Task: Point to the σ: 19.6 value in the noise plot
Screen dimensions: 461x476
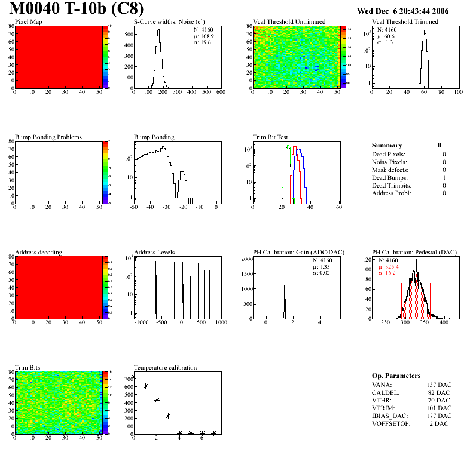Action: coord(202,42)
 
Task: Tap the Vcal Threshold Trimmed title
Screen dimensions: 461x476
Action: coord(405,22)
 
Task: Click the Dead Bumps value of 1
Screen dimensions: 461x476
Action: coord(444,177)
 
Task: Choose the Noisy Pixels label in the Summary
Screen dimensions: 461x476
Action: coord(389,162)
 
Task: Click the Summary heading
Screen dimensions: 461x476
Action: coord(387,145)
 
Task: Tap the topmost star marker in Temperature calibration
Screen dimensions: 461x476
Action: coord(135,377)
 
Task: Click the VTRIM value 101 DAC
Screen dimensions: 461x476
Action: coord(439,408)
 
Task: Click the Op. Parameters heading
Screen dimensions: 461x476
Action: coord(396,376)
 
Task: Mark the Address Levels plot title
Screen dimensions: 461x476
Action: coord(154,253)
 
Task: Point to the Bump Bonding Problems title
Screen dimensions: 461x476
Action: coord(48,137)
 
